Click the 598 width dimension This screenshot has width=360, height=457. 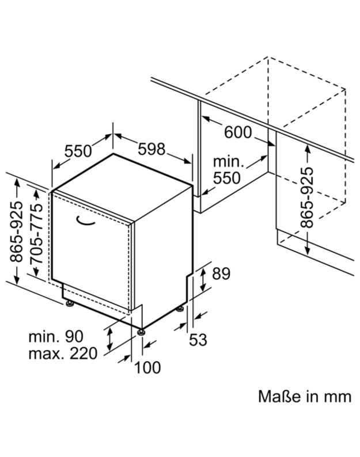[x=151, y=149]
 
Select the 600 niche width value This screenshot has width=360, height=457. [x=238, y=132]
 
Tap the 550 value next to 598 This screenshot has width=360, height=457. [x=78, y=151]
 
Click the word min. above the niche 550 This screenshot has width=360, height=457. [x=228, y=162]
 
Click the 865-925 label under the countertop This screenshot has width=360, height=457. [x=306, y=197]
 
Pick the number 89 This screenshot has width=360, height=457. [x=221, y=273]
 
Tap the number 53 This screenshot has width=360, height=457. [x=198, y=340]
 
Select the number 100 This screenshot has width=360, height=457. [x=147, y=368]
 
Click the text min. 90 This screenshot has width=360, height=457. [x=56, y=337]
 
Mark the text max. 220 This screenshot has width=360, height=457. [x=63, y=353]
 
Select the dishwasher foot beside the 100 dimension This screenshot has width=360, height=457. [x=142, y=332]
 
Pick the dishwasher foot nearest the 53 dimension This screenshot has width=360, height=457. [x=180, y=309]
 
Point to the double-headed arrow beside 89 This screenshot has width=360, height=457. [x=203, y=279]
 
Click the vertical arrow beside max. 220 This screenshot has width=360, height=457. [x=109, y=338]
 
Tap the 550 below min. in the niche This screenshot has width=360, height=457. [x=227, y=178]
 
